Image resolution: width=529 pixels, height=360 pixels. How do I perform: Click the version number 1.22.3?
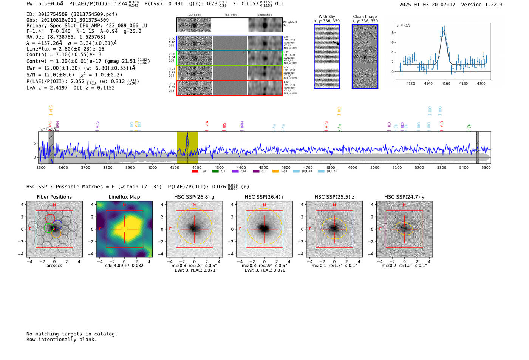coord(490,5)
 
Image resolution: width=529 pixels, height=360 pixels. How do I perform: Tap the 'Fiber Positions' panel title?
coord(54,197)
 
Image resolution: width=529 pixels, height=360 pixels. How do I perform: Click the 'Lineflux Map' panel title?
coord(124,197)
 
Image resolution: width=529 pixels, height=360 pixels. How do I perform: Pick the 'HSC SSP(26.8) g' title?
coord(194,197)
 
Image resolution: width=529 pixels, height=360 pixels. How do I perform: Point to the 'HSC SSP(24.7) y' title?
coord(404,197)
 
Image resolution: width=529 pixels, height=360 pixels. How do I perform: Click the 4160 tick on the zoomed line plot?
coord(446,83)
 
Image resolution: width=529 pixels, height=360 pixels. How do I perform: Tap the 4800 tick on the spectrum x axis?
coord(330,167)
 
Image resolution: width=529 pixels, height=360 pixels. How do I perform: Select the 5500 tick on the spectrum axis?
coord(486,167)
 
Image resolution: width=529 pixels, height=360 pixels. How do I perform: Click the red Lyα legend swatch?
coord(195,172)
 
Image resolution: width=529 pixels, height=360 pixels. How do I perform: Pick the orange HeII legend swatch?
coord(275,172)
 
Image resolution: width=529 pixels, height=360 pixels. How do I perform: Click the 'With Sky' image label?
coord(327,17)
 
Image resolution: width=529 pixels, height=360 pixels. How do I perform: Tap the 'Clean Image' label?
coord(365,17)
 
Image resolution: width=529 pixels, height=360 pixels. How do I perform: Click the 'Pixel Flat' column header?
coord(230,15)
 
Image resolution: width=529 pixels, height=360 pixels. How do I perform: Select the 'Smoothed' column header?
coord(264,15)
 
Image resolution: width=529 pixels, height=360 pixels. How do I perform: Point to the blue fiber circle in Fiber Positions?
coord(57,224)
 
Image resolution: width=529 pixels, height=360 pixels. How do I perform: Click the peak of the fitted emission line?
coord(444,32)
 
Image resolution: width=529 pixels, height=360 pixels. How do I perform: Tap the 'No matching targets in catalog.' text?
coord(72,334)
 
